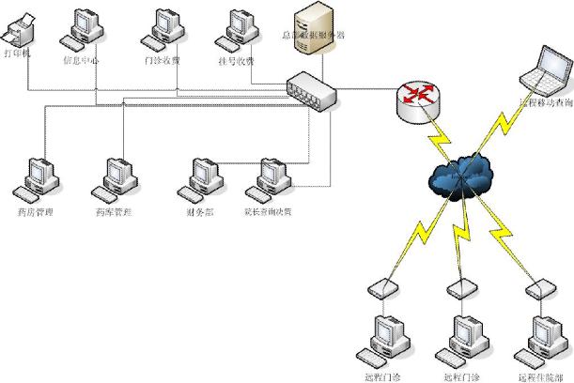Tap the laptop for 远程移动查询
[543, 69]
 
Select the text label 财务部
[200, 212]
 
